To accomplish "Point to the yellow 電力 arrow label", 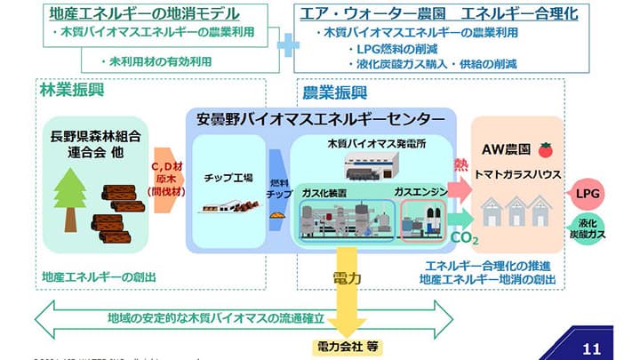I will [347, 279].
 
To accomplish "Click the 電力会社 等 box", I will [347, 345].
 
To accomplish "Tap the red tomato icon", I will [545, 150].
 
